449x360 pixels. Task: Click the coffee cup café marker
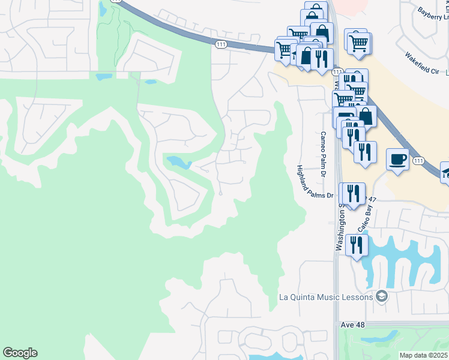(x=397, y=160)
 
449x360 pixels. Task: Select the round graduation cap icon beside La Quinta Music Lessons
(x=381, y=296)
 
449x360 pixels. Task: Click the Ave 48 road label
(x=352, y=324)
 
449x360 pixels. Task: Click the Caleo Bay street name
(x=365, y=217)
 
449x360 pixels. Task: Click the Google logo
(x=20, y=353)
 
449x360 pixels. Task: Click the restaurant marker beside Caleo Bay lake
(x=357, y=245)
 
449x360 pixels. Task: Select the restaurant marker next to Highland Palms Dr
(x=352, y=193)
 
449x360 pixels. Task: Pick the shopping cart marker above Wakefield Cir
(x=358, y=41)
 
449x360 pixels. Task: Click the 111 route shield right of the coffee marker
(x=418, y=160)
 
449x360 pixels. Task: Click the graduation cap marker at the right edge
(x=446, y=173)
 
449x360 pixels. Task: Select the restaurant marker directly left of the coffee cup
(x=365, y=152)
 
